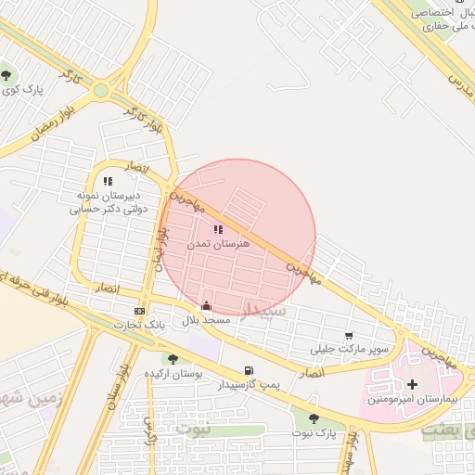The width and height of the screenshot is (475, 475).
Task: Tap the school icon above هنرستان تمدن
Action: click(218, 229)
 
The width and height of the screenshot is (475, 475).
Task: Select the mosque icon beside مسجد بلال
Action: click(206, 305)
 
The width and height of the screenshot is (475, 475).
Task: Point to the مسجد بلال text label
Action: click(203, 319)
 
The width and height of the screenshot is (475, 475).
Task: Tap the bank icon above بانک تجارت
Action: click(139, 311)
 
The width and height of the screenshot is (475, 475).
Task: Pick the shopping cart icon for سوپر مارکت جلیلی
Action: click(349, 336)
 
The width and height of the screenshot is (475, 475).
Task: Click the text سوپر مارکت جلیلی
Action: click(349, 350)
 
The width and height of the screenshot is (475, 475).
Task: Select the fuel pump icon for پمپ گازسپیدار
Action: click(248, 371)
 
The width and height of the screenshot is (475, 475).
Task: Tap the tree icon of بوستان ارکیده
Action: click(172, 359)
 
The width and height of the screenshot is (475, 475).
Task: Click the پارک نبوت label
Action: click(315, 433)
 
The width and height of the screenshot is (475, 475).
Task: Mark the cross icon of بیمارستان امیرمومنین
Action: click(412, 384)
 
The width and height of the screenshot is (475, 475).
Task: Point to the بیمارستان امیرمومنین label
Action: click(408, 398)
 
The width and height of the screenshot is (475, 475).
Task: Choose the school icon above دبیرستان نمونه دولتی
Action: click(107, 182)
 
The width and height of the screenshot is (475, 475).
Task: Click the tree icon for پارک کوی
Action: click(7, 75)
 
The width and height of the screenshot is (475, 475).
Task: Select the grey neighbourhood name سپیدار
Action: click(266, 310)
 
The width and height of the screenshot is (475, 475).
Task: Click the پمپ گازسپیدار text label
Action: click(249, 384)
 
